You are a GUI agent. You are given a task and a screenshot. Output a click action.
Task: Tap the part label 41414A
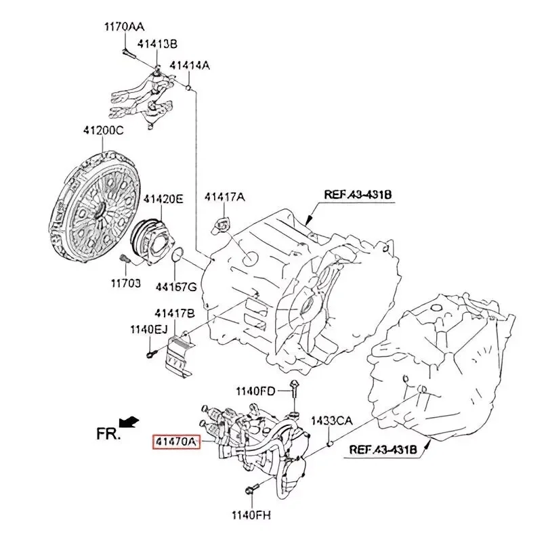click(x=189, y=66)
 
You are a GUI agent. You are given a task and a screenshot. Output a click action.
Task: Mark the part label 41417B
click(x=174, y=314)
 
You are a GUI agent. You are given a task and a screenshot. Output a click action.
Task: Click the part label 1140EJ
click(x=148, y=330)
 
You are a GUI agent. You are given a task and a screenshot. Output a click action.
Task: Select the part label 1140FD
click(x=255, y=391)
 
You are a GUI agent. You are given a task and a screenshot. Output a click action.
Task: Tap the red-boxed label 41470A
click(x=176, y=441)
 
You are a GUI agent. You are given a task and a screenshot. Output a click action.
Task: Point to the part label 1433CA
click(x=331, y=421)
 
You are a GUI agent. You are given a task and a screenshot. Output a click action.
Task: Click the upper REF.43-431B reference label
click(x=358, y=195)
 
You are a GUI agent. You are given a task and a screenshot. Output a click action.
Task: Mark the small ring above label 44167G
click(x=177, y=255)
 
